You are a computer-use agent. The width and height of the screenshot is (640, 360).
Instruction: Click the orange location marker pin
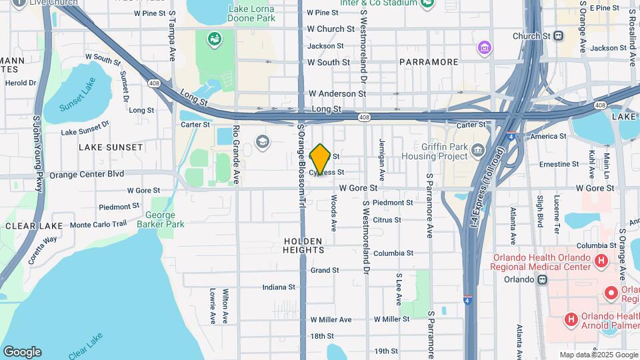pos(320,160)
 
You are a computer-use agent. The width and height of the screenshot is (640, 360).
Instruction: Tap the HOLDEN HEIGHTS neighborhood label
pos(303,245)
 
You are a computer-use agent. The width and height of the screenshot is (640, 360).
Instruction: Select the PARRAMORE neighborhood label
pos(429,62)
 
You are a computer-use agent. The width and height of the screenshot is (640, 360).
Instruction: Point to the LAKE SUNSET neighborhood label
pos(111,147)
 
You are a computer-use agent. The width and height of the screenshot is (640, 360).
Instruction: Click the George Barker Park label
pos(160,220)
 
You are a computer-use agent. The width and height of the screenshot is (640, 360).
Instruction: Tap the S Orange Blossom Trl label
pos(301,163)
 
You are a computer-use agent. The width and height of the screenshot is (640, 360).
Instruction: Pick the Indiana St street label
pos(279,287)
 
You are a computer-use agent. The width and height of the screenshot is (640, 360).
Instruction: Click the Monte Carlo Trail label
pos(98,225)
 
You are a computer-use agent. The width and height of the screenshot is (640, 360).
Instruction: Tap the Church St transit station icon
pos(559,36)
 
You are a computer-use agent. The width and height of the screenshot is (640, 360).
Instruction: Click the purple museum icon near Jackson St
pos(485,47)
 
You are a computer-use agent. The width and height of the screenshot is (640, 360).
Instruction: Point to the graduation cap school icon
pos(263,141)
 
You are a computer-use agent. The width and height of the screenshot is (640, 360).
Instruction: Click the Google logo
pos(22,352)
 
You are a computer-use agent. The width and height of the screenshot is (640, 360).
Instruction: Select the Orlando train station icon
pos(542,279)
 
